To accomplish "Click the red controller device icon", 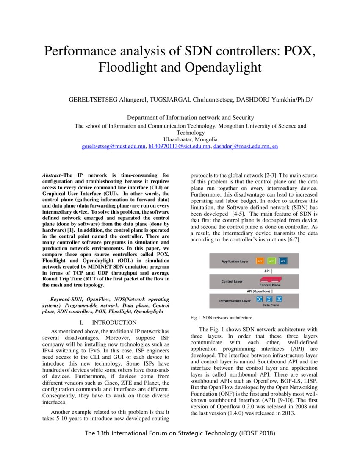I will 270,280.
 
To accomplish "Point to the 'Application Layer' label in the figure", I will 235,261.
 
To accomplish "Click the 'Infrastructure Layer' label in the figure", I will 235,301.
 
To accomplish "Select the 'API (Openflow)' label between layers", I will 259,291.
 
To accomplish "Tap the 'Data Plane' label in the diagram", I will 270,305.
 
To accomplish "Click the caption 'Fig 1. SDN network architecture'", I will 221,317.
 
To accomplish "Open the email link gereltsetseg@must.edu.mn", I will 113,146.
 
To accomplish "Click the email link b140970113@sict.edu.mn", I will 179,146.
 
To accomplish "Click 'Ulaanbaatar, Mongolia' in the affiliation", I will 190,139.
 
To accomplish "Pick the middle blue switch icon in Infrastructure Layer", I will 269,299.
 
